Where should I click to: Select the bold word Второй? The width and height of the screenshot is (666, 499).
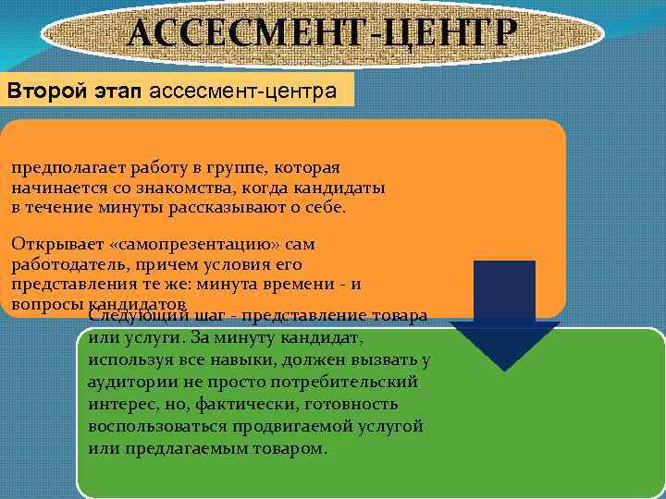(x=41, y=91)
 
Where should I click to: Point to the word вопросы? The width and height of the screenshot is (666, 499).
(x=47, y=303)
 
